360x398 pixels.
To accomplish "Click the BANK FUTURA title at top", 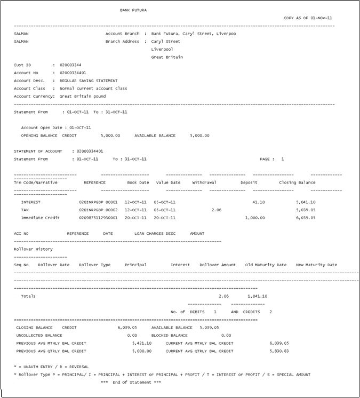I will pos(133,10).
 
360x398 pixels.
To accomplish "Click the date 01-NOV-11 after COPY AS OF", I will pos(323,18).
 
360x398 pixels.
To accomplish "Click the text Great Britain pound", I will pos(82,97).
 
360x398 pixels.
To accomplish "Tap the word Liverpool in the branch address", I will pos(162,49).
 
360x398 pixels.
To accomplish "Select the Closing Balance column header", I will pos(297,182).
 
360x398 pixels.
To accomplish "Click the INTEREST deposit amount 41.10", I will pos(258,202).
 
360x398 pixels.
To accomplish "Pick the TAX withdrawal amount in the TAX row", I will pos(216,210).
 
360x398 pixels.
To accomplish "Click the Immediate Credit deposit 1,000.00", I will pos(254,218).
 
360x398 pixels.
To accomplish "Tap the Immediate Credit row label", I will pos(41,218).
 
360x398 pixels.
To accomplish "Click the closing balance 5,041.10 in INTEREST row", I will pos(306,202).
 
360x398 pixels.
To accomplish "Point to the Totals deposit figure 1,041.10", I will pos(258,296).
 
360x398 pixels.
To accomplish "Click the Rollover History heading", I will pos(33,249).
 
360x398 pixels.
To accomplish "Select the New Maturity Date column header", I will pos(316,265).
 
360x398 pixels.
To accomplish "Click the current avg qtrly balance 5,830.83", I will pos(279,351).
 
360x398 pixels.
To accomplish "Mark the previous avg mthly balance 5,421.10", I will pos(141,343).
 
